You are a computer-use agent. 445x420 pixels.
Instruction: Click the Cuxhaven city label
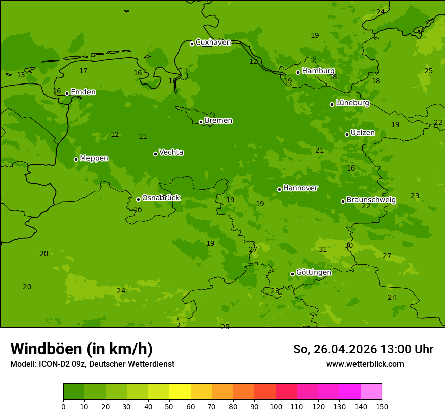pos(213,43)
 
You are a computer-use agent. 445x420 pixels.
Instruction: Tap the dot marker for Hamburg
pos(298,72)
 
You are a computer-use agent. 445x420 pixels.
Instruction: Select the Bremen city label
pos(218,121)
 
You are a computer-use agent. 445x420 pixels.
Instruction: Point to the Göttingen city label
pos(314,273)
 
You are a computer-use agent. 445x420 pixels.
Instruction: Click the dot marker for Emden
pos(67,93)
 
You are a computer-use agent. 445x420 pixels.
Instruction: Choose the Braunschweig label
pos(371,200)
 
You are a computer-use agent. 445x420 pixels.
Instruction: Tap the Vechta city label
pos(171,152)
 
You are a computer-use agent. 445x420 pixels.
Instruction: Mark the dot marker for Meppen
pos(76,159)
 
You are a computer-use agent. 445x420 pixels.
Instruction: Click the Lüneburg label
pos(352,103)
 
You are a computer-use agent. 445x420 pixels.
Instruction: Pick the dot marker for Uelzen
pos(347,134)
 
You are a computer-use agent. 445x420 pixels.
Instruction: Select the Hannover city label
pos(300,188)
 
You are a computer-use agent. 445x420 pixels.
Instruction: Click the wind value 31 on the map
pos(323,249)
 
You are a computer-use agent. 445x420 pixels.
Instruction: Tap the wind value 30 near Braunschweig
pos(349,245)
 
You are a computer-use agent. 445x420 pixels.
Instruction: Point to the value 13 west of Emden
pos(21,75)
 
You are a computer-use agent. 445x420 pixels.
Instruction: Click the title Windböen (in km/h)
pos(81,349)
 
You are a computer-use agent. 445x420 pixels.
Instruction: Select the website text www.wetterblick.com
pos(365,364)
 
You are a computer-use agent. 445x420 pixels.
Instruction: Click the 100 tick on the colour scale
pos(276,406)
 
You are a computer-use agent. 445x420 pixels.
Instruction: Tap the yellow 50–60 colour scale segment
pos(180,392)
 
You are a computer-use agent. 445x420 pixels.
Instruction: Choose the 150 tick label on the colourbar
pos(382,406)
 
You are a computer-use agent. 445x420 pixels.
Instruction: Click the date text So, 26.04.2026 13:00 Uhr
pos(363,349)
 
